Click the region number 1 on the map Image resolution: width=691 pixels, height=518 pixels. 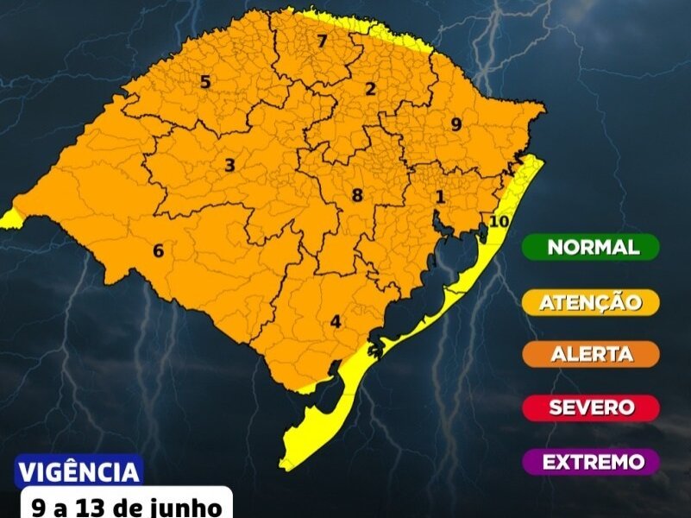click(x=440, y=197)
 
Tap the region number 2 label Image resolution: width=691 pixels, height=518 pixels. click(x=371, y=88)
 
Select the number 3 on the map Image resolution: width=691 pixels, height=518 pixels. click(x=229, y=165)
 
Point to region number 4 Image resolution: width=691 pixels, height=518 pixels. click(x=336, y=321)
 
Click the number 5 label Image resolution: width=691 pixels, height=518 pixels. click(x=205, y=82)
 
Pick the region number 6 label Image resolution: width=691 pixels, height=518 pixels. click(x=158, y=250)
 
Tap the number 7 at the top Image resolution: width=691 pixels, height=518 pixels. click(x=322, y=41)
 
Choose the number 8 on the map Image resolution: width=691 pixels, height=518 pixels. click(x=357, y=195)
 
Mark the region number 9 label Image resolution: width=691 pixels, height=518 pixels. click(x=456, y=124)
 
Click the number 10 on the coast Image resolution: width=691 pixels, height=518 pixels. click(x=498, y=220)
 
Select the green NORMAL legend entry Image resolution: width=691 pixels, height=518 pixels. click(x=591, y=247)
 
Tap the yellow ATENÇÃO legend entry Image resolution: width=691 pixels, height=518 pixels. click(x=591, y=301)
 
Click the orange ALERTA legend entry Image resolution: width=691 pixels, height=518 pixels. click(x=591, y=354)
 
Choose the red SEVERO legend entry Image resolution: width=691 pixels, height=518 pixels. click(x=591, y=407)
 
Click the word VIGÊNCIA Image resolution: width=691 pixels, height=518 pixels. click(x=79, y=472)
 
